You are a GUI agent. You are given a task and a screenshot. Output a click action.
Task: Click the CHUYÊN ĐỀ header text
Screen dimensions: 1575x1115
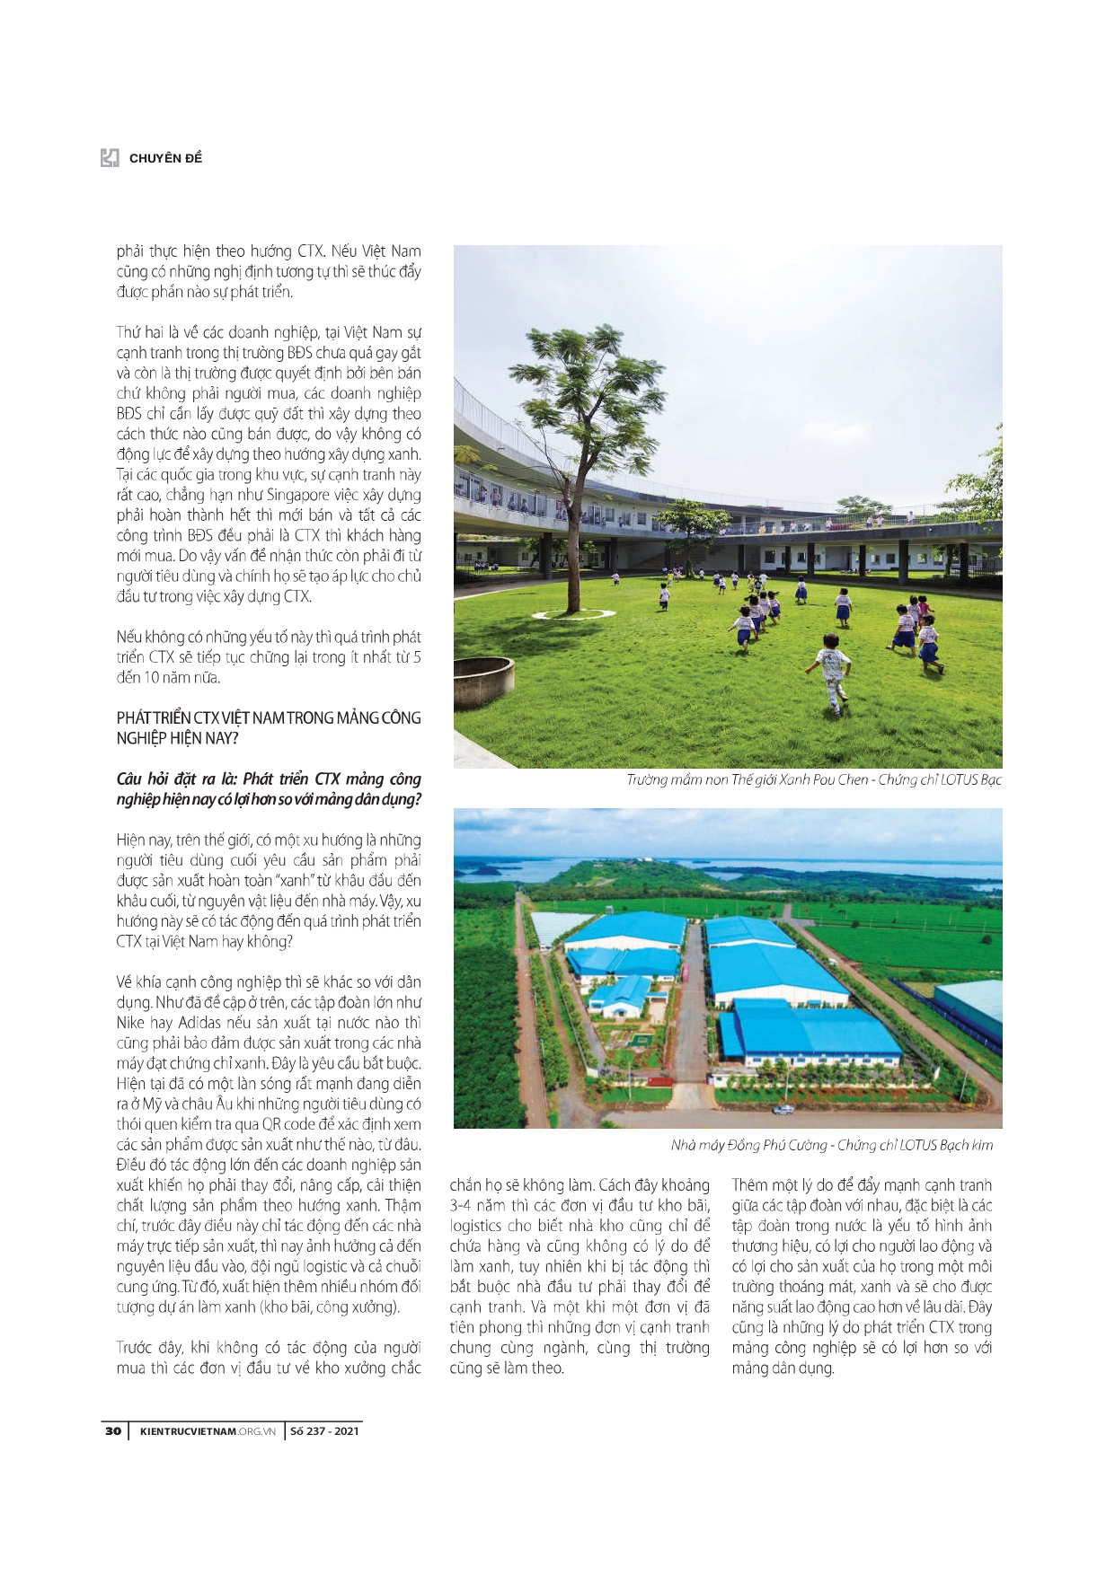pyautogui.click(x=165, y=158)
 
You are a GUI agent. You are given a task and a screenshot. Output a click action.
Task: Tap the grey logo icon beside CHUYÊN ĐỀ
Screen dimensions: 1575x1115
pyautogui.click(x=110, y=158)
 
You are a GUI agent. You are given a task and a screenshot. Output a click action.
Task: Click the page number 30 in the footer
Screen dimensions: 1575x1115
pyautogui.click(x=113, y=1430)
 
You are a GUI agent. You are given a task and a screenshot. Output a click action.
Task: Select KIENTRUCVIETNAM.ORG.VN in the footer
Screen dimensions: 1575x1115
pyautogui.click(x=208, y=1430)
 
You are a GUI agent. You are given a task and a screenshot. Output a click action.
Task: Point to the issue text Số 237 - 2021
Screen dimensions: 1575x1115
pyautogui.click(x=324, y=1430)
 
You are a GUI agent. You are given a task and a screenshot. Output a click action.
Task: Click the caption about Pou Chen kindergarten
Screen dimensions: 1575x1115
pyautogui.click(x=813, y=779)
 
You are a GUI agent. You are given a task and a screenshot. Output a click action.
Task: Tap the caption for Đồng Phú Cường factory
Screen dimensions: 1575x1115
pyautogui.click(x=831, y=1145)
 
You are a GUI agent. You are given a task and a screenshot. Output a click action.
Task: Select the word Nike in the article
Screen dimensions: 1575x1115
pyautogui.click(x=131, y=1023)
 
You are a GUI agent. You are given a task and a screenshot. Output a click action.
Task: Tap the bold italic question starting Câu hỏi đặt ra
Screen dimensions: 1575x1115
pyautogui.click(x=268, y=788)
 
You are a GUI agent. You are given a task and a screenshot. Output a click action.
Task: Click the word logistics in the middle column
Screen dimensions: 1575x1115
pyautogui.click(x=475, y=1226)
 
